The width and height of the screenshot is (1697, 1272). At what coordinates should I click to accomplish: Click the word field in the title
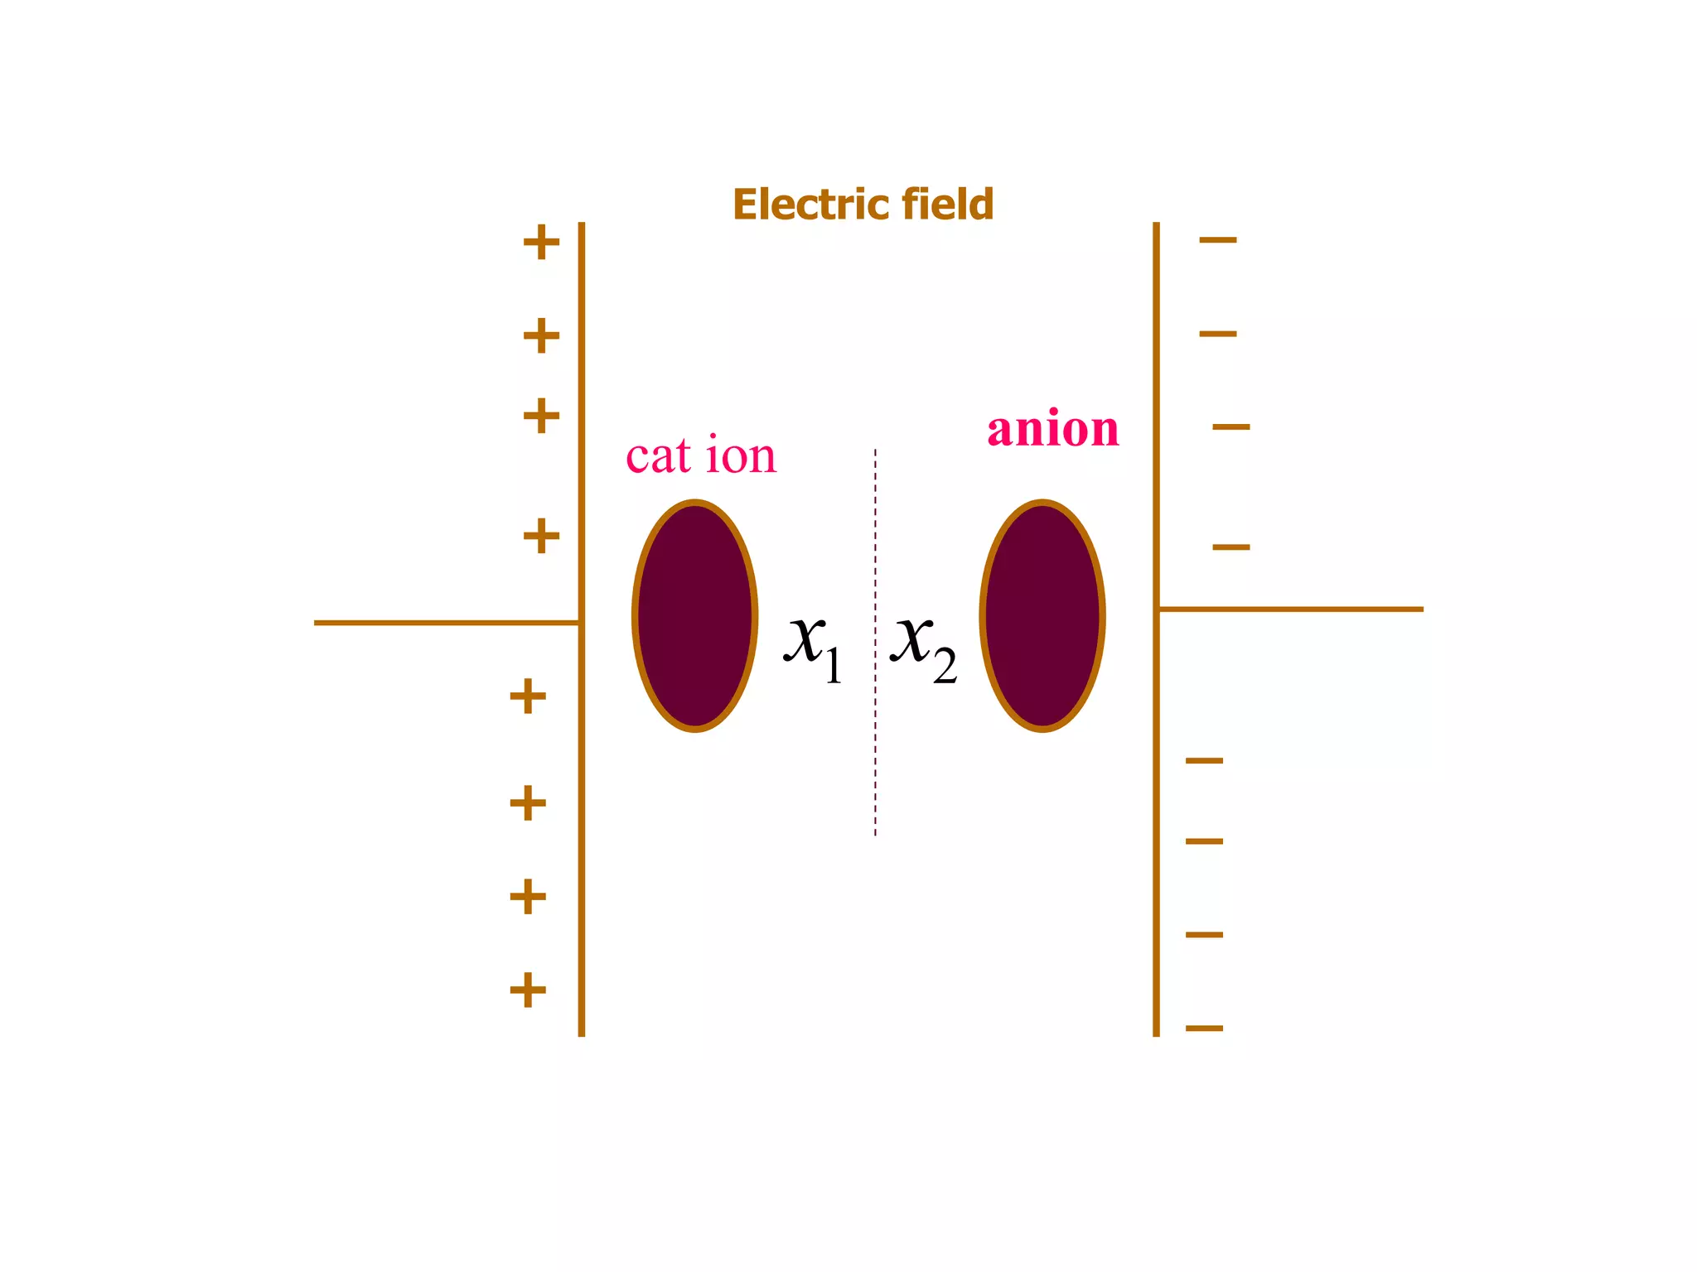[x=948, y=205]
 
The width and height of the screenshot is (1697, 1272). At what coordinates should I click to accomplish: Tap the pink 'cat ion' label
[x=701, y=456]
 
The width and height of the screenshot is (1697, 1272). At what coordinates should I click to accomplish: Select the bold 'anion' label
[x=1052, y=429]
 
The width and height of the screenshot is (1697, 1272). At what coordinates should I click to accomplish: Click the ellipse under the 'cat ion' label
[x=694, y=616]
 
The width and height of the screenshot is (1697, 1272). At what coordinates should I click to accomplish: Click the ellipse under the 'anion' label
[x=1042, y=616]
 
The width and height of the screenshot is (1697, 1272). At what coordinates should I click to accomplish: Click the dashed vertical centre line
[x=875, y=745]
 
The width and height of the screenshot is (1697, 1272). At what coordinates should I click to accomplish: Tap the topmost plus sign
[x=541, y=242]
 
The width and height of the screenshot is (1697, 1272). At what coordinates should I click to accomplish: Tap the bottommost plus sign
[x=528, y=990]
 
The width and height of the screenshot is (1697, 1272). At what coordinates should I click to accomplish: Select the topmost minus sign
[x=1218, y=240]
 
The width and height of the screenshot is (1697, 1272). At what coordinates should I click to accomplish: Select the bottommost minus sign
[x=1205, y=1029]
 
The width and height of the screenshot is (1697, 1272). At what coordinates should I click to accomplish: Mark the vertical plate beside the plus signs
[x=582, y=828]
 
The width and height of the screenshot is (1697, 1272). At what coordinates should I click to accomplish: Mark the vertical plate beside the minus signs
[x=1156, y=828]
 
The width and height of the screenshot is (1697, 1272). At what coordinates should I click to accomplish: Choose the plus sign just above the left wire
[x=541, y=536]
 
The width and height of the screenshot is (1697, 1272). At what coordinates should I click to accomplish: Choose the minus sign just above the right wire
[x=1231, y=547]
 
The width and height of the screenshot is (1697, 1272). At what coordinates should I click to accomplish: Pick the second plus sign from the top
[x=541, y=335]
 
